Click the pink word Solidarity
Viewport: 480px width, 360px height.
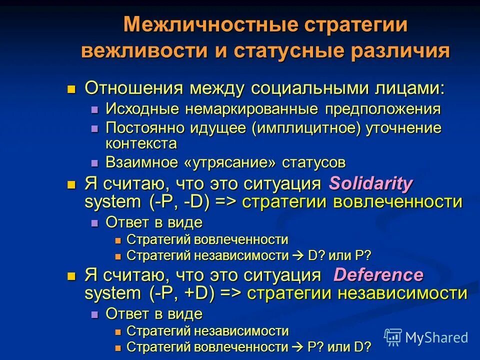coord(370,183)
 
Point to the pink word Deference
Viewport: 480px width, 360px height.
coord(378,274)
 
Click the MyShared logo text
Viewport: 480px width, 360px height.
coord(436,337)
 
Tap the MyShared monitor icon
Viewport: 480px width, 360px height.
coord(393,337)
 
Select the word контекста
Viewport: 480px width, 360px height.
coord(141,143)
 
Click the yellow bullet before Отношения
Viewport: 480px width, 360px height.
coord(71,89)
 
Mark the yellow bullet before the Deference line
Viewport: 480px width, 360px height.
coord(71,275)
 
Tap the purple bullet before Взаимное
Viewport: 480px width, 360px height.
coord(95,163)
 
